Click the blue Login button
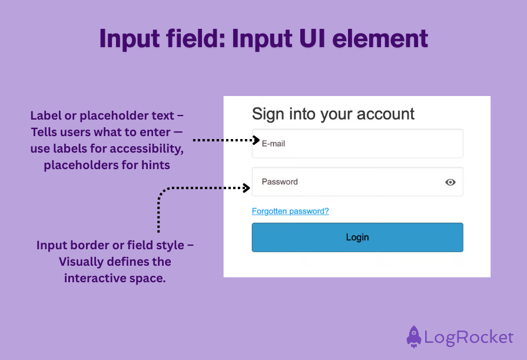tap(357, 237)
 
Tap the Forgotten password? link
tap(290, 211)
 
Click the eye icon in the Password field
tap(450, 182)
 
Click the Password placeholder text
tap(280, 182)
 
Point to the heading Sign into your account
tap(333, 114)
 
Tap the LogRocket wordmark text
tap(469, 338)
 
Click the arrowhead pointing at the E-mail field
tap(256, 140)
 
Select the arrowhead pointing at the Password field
tap(248, 188)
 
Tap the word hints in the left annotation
tap(155, 166)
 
